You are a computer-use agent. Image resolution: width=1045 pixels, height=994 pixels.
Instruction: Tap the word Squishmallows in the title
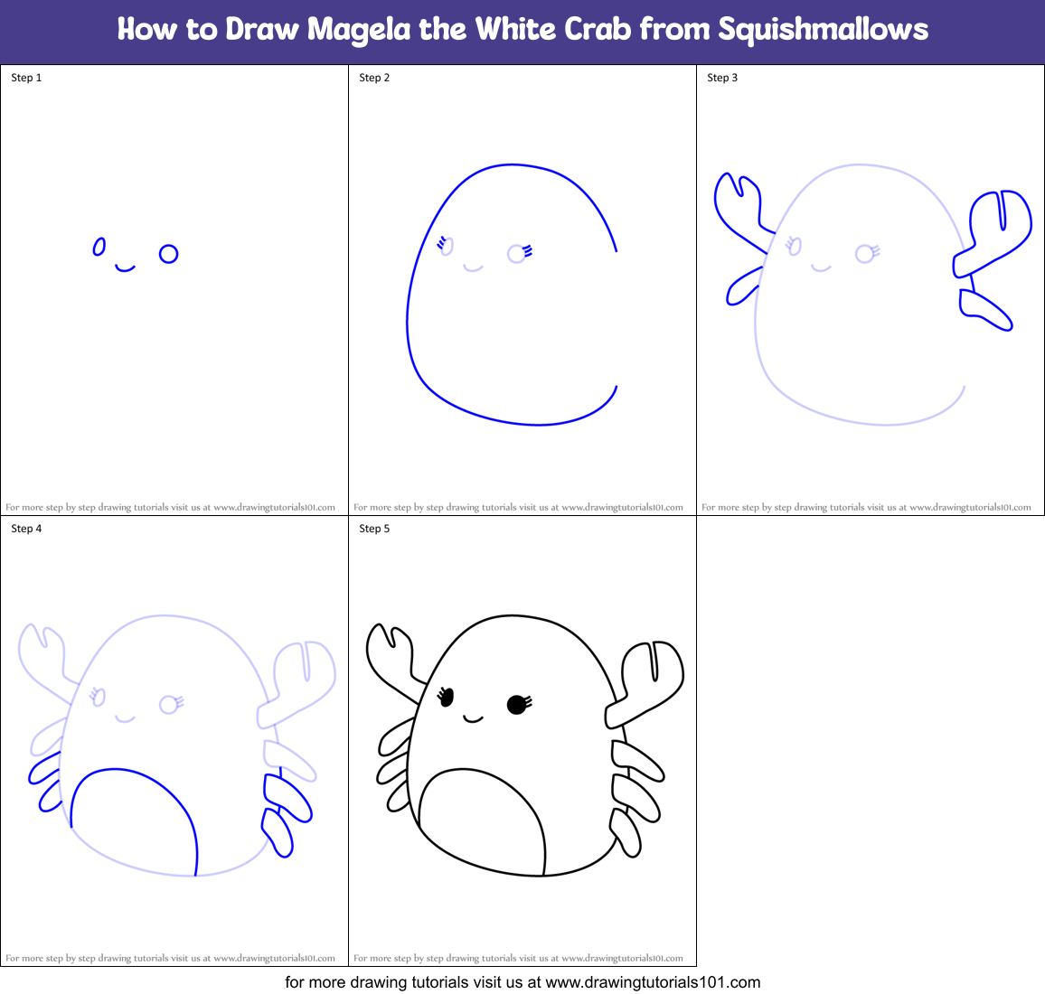pos(823,29)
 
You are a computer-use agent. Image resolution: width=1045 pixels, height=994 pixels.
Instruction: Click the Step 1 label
pos(26,78)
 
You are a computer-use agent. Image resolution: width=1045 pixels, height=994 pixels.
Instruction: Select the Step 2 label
pos(374,78)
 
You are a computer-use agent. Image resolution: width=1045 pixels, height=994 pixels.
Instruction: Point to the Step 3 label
pos(722,78)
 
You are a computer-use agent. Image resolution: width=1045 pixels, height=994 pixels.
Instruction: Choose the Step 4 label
pos(26,529)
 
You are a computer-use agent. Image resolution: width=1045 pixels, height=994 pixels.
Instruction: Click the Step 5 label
pos(374,529)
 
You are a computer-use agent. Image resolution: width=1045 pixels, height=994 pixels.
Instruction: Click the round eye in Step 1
pos(168,254)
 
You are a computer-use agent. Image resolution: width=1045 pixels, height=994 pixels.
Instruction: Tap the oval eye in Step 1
pos(99,247)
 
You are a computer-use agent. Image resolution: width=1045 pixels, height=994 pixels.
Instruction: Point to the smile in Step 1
pos(125,268)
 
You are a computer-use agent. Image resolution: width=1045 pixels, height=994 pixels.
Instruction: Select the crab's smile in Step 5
pos(472,719)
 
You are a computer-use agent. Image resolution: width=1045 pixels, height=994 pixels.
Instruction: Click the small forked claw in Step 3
pos(736,203)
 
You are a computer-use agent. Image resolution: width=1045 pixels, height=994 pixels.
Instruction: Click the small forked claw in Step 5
pos(389,655)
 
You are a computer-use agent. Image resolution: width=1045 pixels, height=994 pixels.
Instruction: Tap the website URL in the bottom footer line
pos(653,981)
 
